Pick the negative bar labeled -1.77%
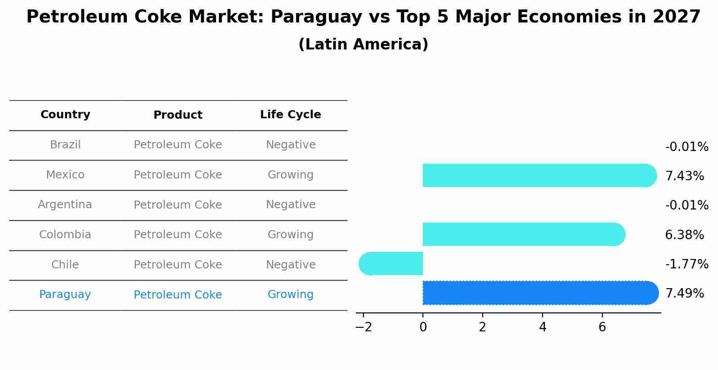(x=391, y=263)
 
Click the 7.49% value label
(x=684, y=294)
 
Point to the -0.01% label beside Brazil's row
(x=687, y=147)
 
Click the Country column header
(x=65, y=115)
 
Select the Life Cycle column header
(x=290, y=115)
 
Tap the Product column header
(x=178, y=115)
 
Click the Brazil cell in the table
(x=65, y=145)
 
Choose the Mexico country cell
(x=65, y=175)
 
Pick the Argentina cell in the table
(x=65, y=205)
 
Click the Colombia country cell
(x=65, y=235)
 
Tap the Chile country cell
(x=65, y=265)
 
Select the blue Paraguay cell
(x=65, y=294)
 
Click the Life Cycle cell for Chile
(x=291, y=265)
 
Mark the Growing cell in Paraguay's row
(x=291, y=294)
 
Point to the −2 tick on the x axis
(x=363, y=327)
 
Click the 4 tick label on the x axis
(x=543, y=327)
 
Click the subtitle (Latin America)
(x=363, y=45)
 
